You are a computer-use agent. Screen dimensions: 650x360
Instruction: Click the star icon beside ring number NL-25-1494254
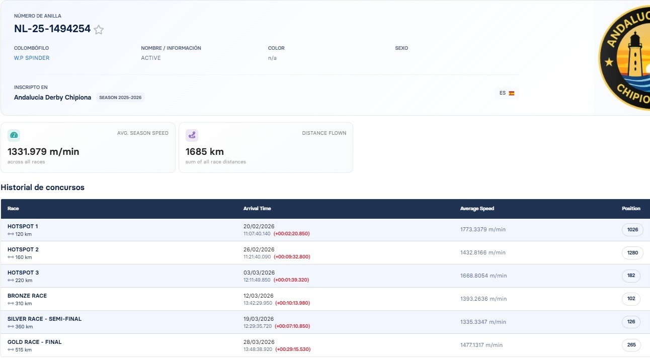coord(99,30)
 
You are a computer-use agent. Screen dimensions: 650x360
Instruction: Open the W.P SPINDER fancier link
coord(32,58)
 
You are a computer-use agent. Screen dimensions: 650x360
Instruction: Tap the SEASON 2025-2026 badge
coord(120,98)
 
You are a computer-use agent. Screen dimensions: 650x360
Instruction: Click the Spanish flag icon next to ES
coord(512,93)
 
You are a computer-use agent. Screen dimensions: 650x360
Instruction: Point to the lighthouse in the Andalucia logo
coord(635,55)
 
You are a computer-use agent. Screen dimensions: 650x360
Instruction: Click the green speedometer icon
coord(14,135)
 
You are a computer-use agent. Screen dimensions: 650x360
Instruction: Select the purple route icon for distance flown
coord(192,135)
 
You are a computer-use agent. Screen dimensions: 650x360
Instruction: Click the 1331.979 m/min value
coord(43,151)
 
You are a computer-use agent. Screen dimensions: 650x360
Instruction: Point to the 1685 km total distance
coord(205,151)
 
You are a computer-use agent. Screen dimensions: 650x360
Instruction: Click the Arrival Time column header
coord(257,209)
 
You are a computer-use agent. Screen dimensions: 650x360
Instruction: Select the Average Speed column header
coord(477,209)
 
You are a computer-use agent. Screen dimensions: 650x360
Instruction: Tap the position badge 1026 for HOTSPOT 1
coord(632,230)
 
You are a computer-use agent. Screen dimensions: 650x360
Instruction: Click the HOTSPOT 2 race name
coord(23,249)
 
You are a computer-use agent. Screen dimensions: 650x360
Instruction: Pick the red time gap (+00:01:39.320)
coord(291,280)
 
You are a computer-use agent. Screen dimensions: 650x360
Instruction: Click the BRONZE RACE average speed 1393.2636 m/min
coord(483,299)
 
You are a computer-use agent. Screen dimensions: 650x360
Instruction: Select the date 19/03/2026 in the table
coord(259,319)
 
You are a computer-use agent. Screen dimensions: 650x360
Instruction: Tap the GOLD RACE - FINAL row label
coord(35,342)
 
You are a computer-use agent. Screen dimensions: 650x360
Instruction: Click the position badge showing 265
coord(631,345)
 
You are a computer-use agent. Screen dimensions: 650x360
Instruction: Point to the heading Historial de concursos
coord(42,188)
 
